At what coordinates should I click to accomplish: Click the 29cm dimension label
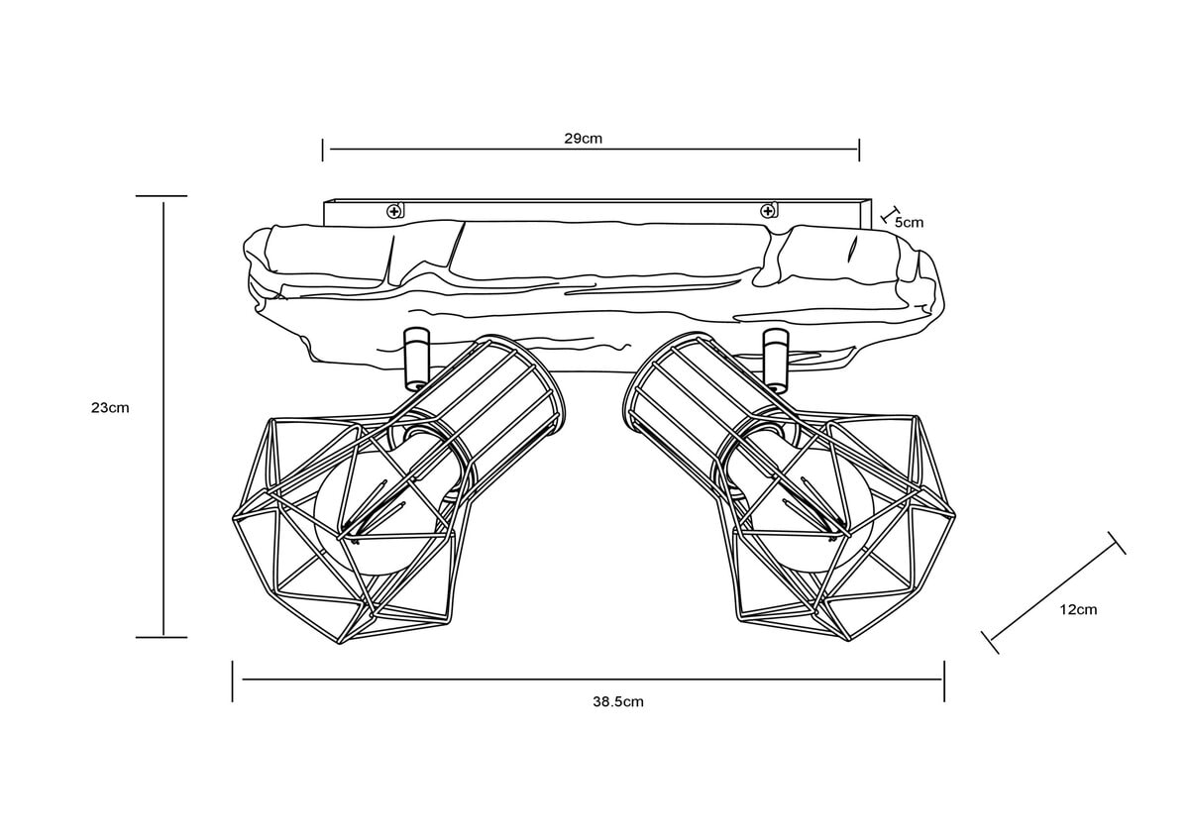coord(583,139)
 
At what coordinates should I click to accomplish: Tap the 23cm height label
coord(110,407)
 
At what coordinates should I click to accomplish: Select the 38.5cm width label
coord(618,701)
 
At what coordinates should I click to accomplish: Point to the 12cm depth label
coord(1078,610)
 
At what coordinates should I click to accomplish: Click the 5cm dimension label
coord(909,222)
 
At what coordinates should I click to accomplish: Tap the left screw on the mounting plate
coord(393,212)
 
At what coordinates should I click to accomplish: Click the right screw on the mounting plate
coord(767,212)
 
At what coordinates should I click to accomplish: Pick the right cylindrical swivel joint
coord(776,358)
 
